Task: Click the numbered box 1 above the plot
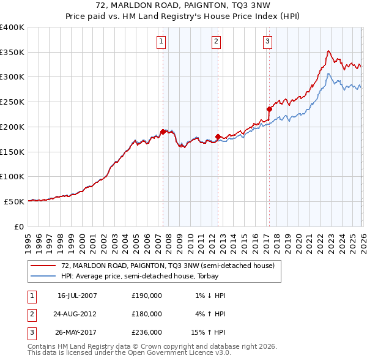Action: click(x=160, y=42)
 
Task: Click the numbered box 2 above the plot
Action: click(x=217, y=42)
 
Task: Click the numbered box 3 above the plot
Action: click(x=268, y=42)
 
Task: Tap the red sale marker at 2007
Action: click(x=163, y=132)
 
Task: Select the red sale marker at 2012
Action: click(x=218, y=136)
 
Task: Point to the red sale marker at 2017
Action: click(x=269, y=109)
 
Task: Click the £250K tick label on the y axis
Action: click(x=12, y=102)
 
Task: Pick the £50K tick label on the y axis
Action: click(x=15, y=201)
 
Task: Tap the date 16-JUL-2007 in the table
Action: click(x=77, y=296)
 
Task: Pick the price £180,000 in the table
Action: click(x=147, y=314)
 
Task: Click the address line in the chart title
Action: click(x=183, y=5)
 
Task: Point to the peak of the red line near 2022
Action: click(x=328, y=51)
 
